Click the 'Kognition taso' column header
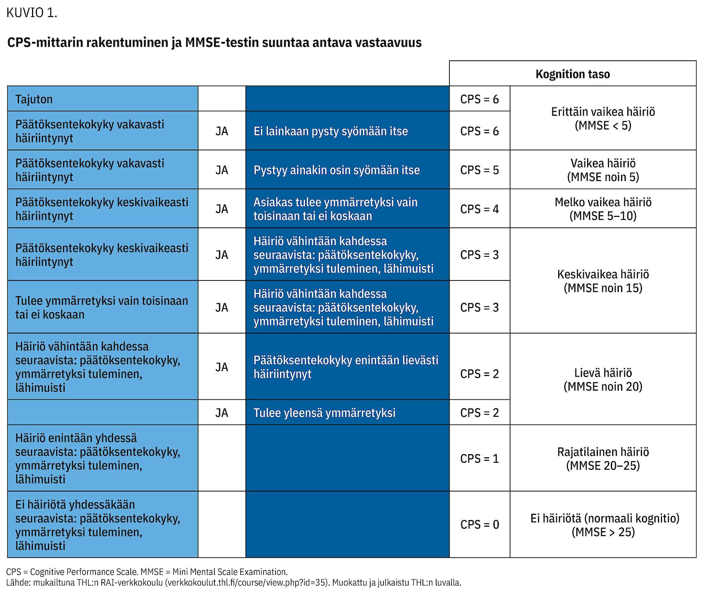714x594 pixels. [x=572, y=74]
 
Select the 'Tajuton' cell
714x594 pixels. [x=103, y=99]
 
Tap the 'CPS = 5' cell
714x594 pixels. [x=479, y=170]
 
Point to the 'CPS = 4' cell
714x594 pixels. [x=479, y=209]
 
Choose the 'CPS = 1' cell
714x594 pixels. [x=479, y=458]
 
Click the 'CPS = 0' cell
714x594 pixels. [x=479, y=524]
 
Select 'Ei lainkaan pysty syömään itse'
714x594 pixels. [x=331, y=131]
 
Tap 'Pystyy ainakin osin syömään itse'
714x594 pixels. [x=336, y=170]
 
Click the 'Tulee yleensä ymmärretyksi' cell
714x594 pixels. [x=348, y=412]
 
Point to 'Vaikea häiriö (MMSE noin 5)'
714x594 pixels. [x=603, y=170]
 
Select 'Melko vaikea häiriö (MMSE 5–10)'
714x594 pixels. [x=603, y=209]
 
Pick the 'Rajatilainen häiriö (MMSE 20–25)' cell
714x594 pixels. [x=603, y=458]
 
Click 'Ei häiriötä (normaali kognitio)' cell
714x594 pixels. [x=603, y=524]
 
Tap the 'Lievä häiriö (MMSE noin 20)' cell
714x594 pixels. [x=603, y=379]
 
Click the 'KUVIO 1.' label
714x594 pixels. [x=32, y=13]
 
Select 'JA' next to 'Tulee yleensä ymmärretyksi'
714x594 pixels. [x=222, y=413]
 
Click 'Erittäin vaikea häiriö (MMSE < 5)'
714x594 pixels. [x=603, y=118]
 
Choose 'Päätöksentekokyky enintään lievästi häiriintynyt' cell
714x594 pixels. [x=348, y=366]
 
